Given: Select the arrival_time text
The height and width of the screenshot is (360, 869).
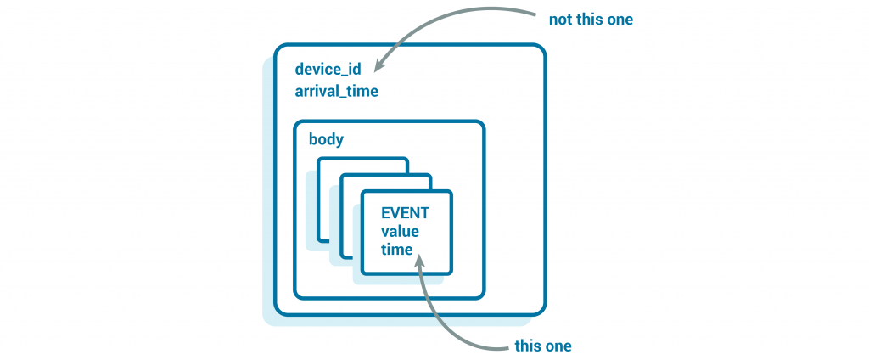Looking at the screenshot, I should tap(336, 92).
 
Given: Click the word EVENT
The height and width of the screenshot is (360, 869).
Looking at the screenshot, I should tap(405, 212).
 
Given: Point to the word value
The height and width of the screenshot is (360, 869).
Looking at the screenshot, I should tap(400, 231).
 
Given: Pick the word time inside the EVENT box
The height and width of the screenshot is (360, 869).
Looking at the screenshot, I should tap(396, 250).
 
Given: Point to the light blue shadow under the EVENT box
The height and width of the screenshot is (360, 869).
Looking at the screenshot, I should tap(399, 279).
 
